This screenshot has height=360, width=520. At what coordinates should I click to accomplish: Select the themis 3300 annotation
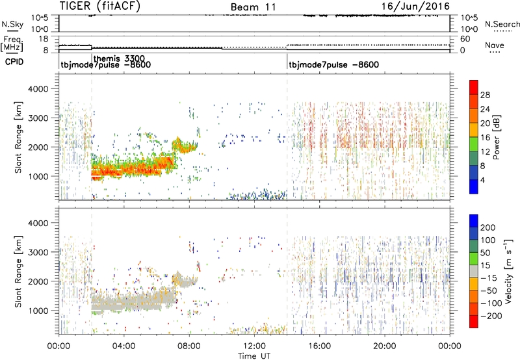(118, 58)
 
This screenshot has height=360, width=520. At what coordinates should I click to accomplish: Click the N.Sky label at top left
(11, 24)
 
